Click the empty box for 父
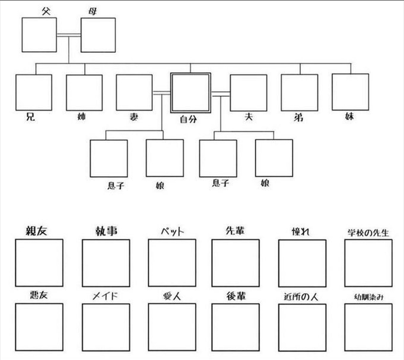(x=39, y=35)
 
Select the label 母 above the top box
(x=93, y=12)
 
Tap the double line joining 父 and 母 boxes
(x=69, y=35)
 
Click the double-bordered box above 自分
(x=190, y=93)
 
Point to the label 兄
(x=31, y=117)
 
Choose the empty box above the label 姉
(x=84, y=93)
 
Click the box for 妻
(x=134, y=93)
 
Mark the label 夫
(x=248, y=117)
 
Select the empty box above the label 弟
(x=300, y=93)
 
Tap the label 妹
(x=349, y=116)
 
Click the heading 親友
(x=36, y=231)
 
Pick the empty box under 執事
(x=106, y=263)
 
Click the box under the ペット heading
(x=172, y=263)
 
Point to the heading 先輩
(x=235, y=231)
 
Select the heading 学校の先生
(x=368, y=233)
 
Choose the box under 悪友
(x=39, y=327)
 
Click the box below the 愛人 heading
(x=172, y=327)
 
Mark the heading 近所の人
(x=302, y=297)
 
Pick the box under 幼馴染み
(x=368, y=327)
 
